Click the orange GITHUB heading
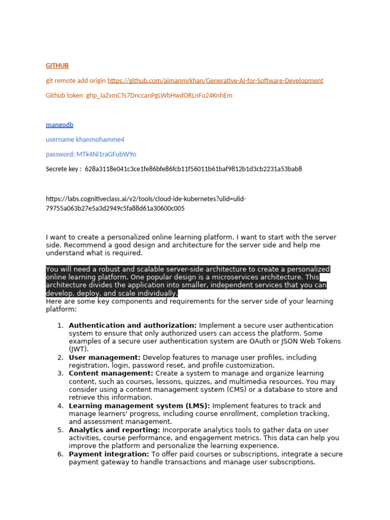pyautogui.click(x=57, y=66)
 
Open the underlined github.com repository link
pyautogui.click(x=215, y=80)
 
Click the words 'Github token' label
pyautogui.click(x=64, y=95)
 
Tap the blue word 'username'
pyautogui.click(x=59, y=139)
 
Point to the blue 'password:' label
pyautogui.click(x=60, y=154)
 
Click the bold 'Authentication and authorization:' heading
pyautogui.click(x=133, y=325)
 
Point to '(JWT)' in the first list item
pyautogui.click(x=78, y=349)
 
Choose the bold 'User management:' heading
pyautogui.click(x=105, y=357)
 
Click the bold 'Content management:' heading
pyautogui.click(x=111, y=373)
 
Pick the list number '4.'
pyautogui.click(x=60, y=406)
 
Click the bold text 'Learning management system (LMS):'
pyautogui.click(x=139, y=406)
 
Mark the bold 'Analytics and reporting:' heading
pyautogui.click(x=114, y=430)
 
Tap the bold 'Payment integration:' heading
pyautogui.click(x=109, y=454)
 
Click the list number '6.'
pyautogui.click(x=60, y=454)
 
